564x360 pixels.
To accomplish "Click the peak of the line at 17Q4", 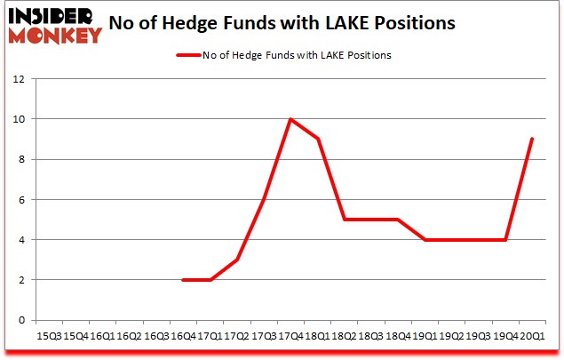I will point(290,119).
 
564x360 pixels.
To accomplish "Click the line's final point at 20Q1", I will point(531,139).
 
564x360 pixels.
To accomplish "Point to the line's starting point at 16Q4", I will point(182,280).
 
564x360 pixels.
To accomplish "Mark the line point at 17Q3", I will point(264,199).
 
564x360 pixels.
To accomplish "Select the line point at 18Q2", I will point(344,220).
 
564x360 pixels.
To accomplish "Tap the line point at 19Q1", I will point(425,240).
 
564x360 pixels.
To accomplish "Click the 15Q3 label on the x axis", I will point(50,336).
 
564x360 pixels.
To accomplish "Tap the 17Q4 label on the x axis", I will point(290,336).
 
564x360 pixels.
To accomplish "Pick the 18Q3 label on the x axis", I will point(370,336).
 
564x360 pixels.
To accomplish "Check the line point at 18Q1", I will point(317,139).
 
